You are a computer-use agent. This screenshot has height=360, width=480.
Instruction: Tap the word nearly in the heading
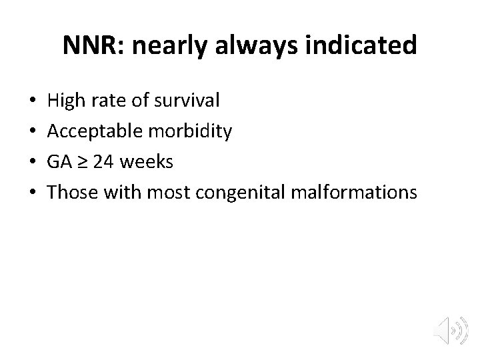[161, 46]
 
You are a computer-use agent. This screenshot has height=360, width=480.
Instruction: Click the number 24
[103, 163]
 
